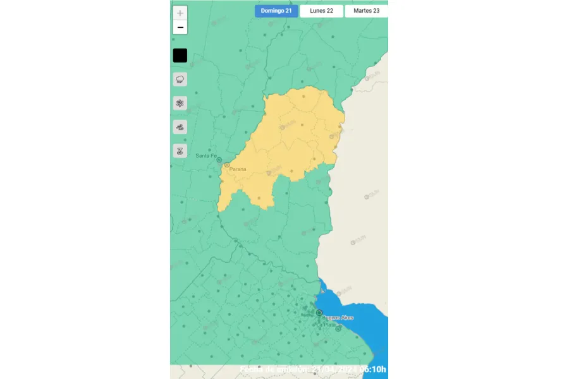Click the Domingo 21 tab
276,11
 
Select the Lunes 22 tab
321,11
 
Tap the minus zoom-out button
180,27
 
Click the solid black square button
180,56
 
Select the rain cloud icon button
180,80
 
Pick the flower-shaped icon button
180,104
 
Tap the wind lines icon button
180,128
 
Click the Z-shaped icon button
180,151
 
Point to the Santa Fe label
206,156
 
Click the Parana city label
238,169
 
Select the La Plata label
329,325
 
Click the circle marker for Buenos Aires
319,313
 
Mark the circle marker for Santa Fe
219,160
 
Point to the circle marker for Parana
227,165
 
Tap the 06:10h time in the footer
372,370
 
